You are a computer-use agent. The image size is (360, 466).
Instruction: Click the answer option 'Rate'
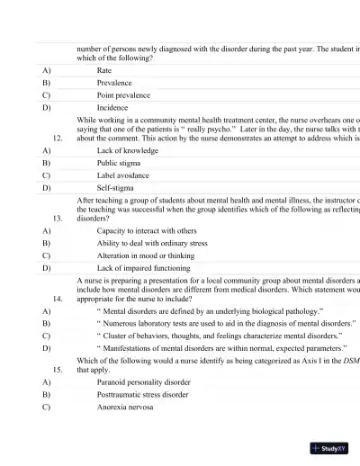[x=104, y=69]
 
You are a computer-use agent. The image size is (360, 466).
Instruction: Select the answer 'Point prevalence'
[x=123, y=94]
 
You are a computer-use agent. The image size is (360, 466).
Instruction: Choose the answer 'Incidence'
[x=112, y=107]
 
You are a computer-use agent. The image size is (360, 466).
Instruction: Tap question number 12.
[x=58, y=139]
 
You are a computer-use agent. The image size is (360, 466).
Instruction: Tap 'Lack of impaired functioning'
[x=141, y=267]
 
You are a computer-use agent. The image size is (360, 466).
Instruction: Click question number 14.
[x=58, y=297]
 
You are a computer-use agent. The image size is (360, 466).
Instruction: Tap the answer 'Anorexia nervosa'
[x=125, y=407]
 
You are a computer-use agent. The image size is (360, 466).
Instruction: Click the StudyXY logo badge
[x=329, y=447]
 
